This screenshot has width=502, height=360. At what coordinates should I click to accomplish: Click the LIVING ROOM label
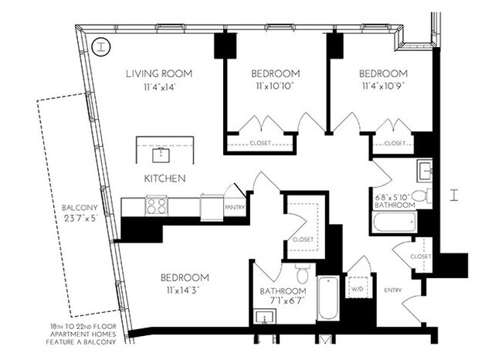(160, 74)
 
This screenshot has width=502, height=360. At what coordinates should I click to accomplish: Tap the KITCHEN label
(165, 178)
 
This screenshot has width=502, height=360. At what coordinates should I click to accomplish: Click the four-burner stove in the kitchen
(157, 206)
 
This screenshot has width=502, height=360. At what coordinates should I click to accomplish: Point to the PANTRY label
(234, 208)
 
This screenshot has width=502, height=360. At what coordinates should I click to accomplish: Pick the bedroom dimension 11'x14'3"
(185, 290)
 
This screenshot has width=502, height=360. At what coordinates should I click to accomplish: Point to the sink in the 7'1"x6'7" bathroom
(264, 318)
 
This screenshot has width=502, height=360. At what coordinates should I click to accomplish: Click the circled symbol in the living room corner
(100, 46)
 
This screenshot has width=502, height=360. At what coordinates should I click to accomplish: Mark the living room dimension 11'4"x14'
(160, 87)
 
